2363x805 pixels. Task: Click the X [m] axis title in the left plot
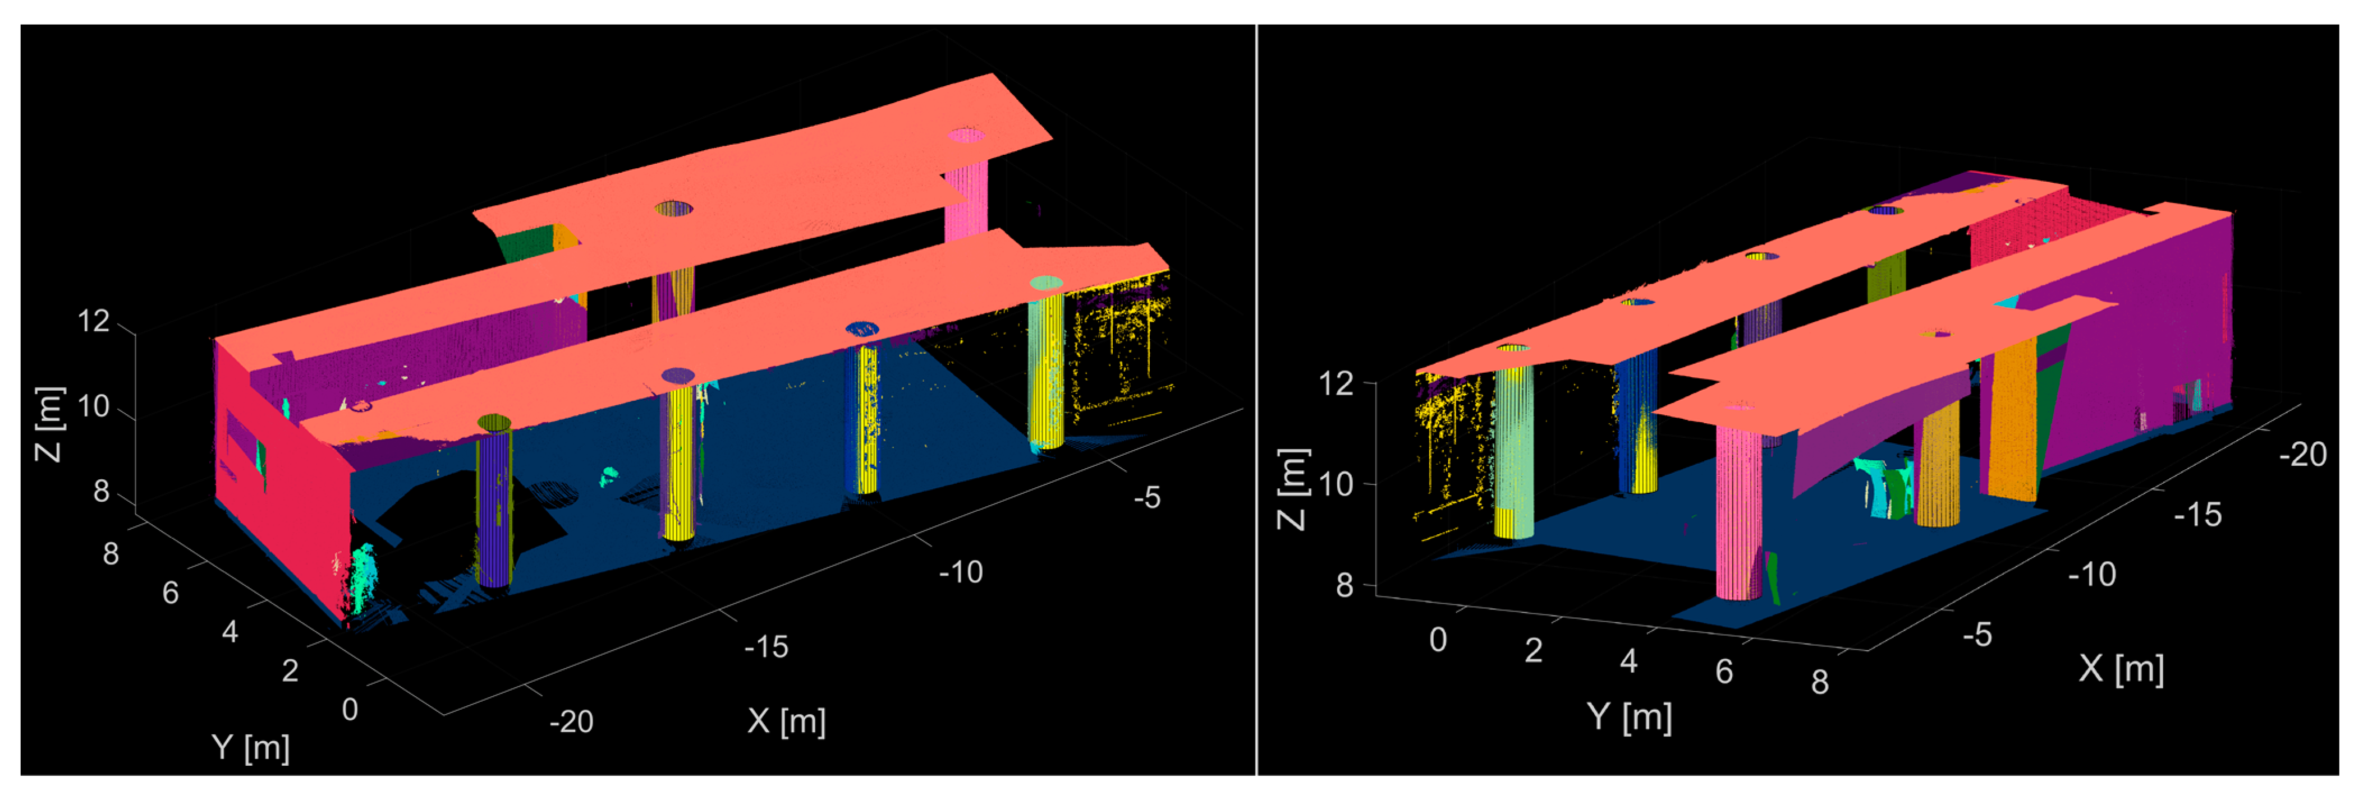(x=786, y=721)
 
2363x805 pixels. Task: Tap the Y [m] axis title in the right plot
(x=1629, y=716)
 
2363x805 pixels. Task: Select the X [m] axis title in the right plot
(x=2121, y=668)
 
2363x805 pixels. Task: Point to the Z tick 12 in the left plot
(x=94, y=321)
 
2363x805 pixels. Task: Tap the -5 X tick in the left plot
(x=1146, y=498)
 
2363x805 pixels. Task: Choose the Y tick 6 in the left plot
(x=171, y=593)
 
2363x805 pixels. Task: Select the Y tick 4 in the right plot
(x=1628, y=660)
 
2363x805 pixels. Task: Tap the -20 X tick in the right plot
(x=2302, y=454)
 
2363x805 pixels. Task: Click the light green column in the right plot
(x=1513, y=449)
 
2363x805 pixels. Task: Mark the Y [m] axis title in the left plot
(x=250, y=747)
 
